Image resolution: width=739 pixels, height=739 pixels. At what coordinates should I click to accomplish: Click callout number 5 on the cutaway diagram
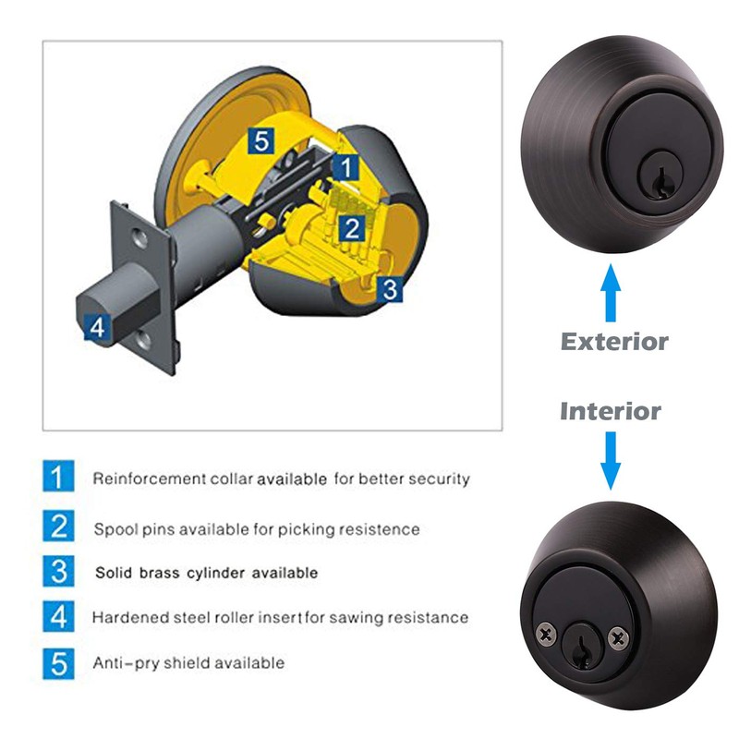(261, 141)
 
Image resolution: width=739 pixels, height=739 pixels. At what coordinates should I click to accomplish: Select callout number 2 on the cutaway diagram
(351, 228)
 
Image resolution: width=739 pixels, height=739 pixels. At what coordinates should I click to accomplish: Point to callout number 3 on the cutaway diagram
(390, 289)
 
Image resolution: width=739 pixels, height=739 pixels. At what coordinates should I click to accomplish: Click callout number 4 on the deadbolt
(98, 326)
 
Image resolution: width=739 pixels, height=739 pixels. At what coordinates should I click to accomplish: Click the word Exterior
(614, 342)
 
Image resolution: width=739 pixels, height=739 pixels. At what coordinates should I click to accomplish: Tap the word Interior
(611, 411)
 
